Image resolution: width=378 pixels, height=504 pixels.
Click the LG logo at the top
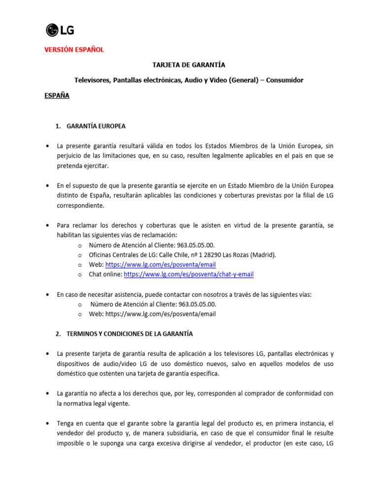(x=60, y=31)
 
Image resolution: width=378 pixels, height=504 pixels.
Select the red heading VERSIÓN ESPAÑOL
(x=74, y=50)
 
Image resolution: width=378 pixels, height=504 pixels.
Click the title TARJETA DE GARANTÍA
(x=189, y=65)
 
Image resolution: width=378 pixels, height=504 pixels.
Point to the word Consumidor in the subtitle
(x=284, y=80)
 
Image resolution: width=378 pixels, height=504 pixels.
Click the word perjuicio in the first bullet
(x=71, y=156)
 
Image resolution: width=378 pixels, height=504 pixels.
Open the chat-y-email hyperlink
(x=189, y=274)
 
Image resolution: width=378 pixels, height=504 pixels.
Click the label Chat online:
(x=105, y=274)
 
